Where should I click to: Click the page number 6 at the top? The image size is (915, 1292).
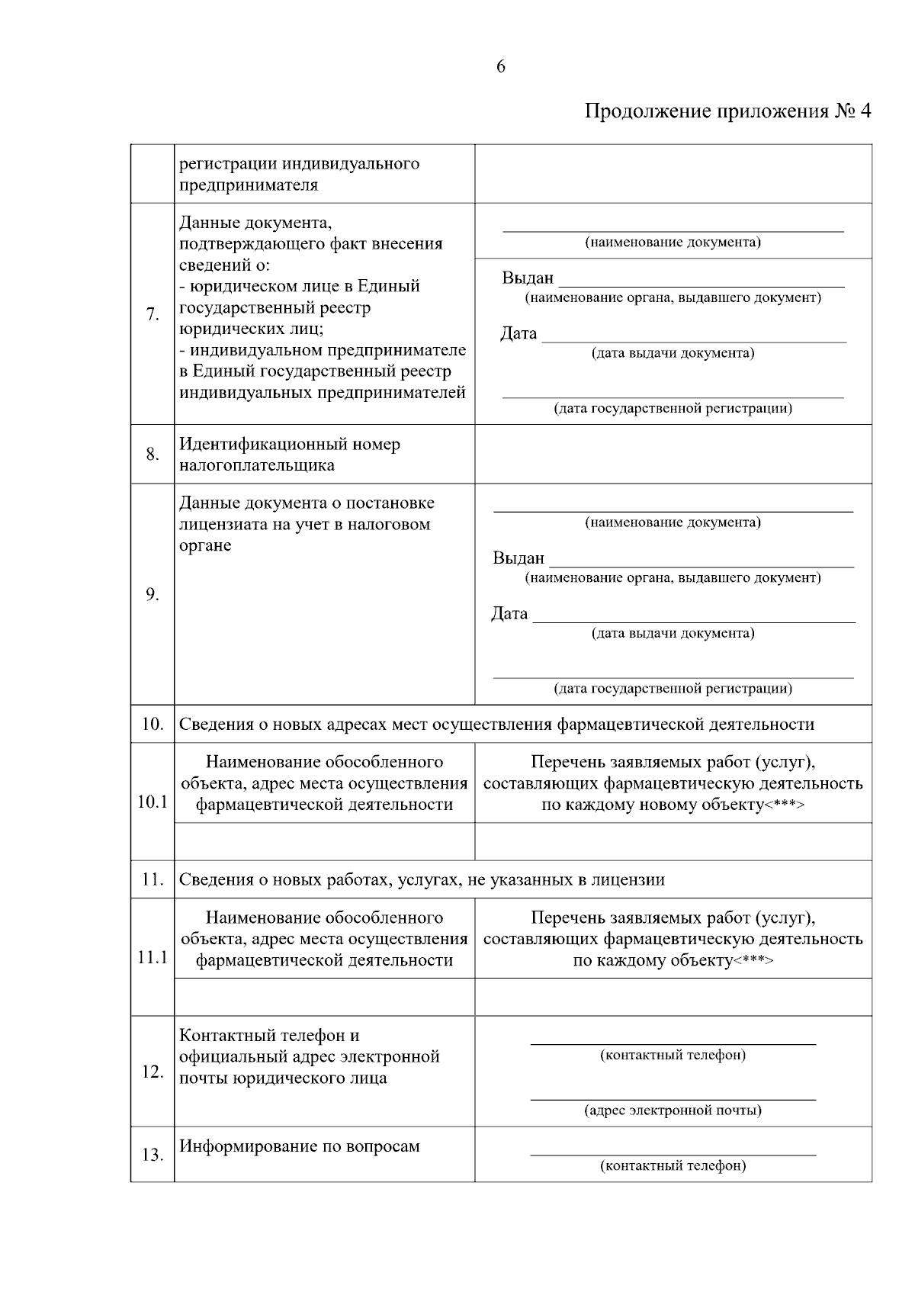click(500, 66)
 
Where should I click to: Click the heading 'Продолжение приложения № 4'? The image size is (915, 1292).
click(727, 111)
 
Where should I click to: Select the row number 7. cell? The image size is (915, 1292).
click(152, 313)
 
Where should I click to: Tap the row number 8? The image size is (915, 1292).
click(152, 455)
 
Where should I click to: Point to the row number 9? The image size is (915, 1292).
click(152, 594)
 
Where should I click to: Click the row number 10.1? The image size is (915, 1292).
click(152, 802)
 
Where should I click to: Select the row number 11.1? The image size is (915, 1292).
click(152, 957)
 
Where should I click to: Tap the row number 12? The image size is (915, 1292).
click(152, 1072)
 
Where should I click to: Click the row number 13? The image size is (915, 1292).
click(152, 1155)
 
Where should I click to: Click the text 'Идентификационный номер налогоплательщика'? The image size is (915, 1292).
click(290, 455)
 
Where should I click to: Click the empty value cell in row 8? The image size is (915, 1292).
click(673, 455)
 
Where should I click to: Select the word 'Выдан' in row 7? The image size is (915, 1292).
click(528, 278)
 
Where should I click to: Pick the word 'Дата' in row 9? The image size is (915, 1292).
click(509, 613)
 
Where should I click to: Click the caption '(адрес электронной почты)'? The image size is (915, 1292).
click(673, 1110)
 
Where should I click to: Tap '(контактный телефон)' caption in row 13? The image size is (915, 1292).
click(673, 1165)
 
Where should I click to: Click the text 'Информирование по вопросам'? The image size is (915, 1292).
click(300, 1146)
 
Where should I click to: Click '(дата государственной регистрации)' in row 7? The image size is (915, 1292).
click(673, 409)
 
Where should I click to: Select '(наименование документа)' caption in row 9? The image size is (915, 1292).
click(673, 522)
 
